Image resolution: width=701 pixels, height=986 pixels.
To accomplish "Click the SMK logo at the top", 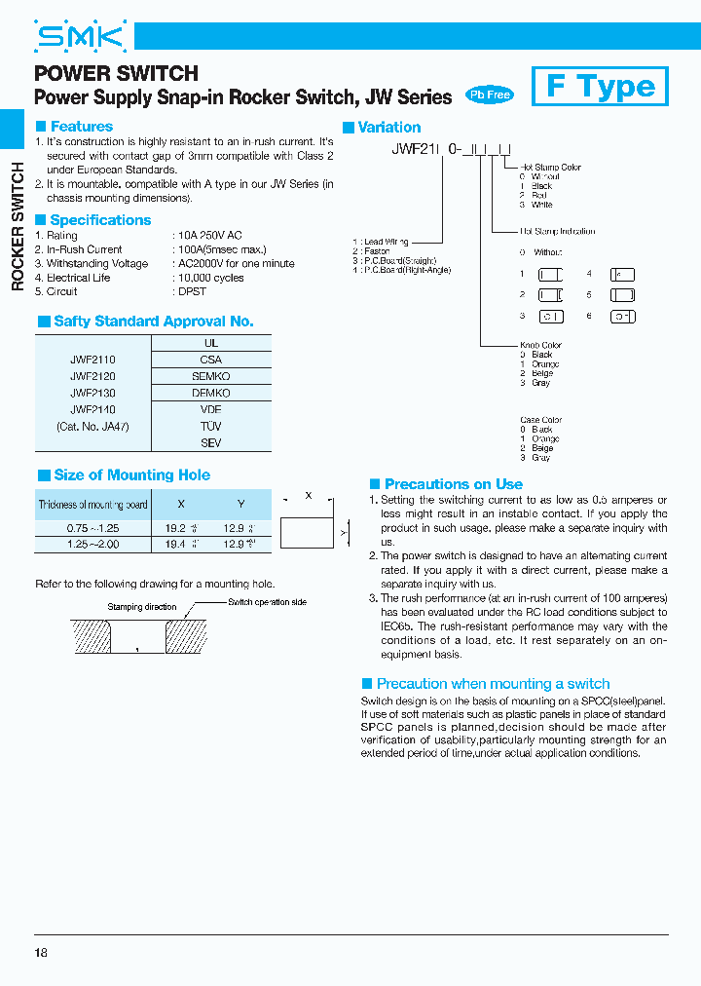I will pyautogui.click(x=81, y=37).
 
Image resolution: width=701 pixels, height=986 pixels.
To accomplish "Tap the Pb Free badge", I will pyautogui.click(x=489, y=95).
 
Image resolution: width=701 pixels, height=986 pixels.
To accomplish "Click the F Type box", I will pyautogui.click(x=600, y=87).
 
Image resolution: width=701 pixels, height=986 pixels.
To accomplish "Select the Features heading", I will pyautogui.click(x=81, y=127).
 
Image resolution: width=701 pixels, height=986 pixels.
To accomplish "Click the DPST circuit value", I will pyautogui.click(x=190, y=291).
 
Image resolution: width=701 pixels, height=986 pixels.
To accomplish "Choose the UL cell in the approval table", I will pyautogui.click(x=211, y=343).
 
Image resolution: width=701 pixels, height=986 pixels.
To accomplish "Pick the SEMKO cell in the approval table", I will pyautogui.click(x=211, y=376).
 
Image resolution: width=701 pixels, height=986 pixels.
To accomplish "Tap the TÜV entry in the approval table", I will pyautogui.click(x=211, y=426).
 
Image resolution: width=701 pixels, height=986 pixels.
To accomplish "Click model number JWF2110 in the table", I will pyautogui.click(x=92, y=360).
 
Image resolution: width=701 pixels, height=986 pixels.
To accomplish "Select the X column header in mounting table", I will pyautogui.click(x=181, y=504).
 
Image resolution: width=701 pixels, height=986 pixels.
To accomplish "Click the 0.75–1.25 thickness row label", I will pyautogui.click(x=92, y=527).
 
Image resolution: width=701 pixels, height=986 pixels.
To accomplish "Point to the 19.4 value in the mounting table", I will pyautogui.click(x=177, y=544).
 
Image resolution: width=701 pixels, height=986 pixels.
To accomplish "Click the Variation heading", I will pyautogui.click(x=388, y=128).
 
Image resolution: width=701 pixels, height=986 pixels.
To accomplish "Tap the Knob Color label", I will pyautogui.click(x=540, y=345).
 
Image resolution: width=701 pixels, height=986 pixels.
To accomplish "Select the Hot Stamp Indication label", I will pyautogui.click(x=557, y=231).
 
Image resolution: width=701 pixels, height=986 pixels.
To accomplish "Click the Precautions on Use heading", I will pyautogui.click(x=453, y=484).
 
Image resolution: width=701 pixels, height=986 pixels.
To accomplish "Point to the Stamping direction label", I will pyautogui.click(x=142, y=606).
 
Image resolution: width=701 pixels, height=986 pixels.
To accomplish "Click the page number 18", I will pyautogui.click(x=40, y=952).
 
